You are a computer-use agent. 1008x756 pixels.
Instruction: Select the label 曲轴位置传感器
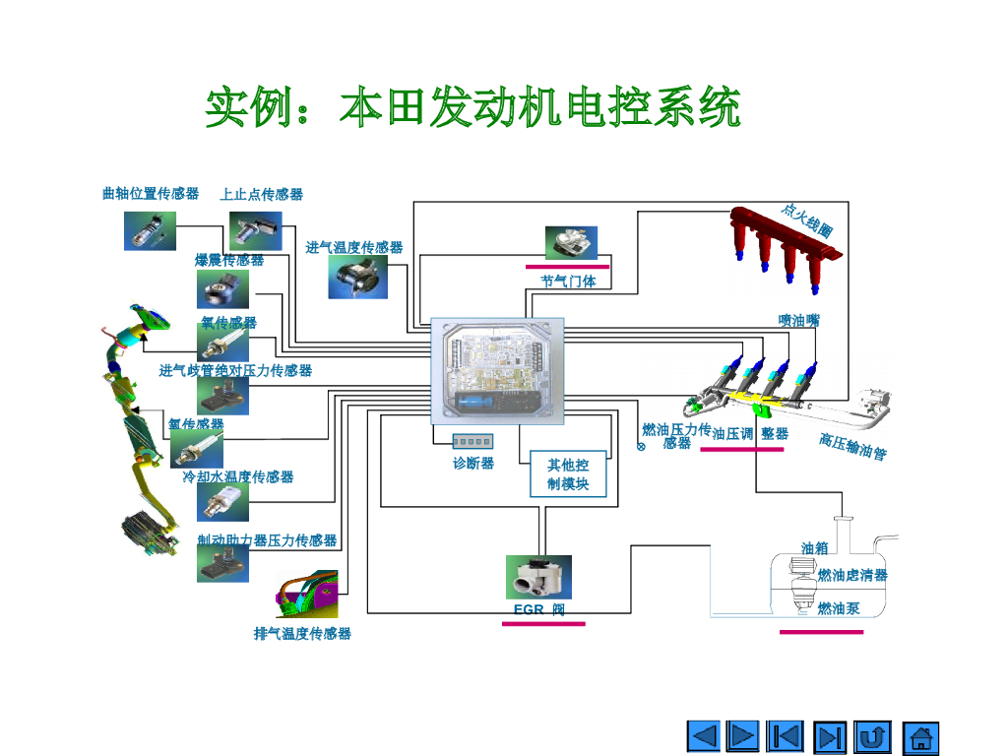151,194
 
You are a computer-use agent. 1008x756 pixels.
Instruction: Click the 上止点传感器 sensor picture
255,230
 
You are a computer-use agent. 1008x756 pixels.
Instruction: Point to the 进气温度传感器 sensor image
357,277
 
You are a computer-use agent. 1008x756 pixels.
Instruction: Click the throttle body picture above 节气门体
571,242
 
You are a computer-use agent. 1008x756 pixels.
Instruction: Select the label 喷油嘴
798,320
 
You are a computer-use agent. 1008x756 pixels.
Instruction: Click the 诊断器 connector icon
472,441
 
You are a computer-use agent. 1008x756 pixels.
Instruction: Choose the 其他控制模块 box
568,474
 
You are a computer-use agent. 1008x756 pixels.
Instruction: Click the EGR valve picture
538,577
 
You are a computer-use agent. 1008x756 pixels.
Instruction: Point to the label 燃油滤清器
852,575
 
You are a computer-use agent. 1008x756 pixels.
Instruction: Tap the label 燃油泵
839,608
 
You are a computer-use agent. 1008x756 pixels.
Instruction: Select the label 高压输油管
852,447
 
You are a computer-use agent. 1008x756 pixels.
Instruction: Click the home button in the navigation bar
920,736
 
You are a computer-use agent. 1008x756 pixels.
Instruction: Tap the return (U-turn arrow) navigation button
872,736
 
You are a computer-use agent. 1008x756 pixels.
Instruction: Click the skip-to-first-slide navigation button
785,736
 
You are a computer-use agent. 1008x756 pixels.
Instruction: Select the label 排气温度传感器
302,633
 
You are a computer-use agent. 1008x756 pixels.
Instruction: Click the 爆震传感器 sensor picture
222,289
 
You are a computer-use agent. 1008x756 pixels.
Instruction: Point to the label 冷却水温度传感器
238,476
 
